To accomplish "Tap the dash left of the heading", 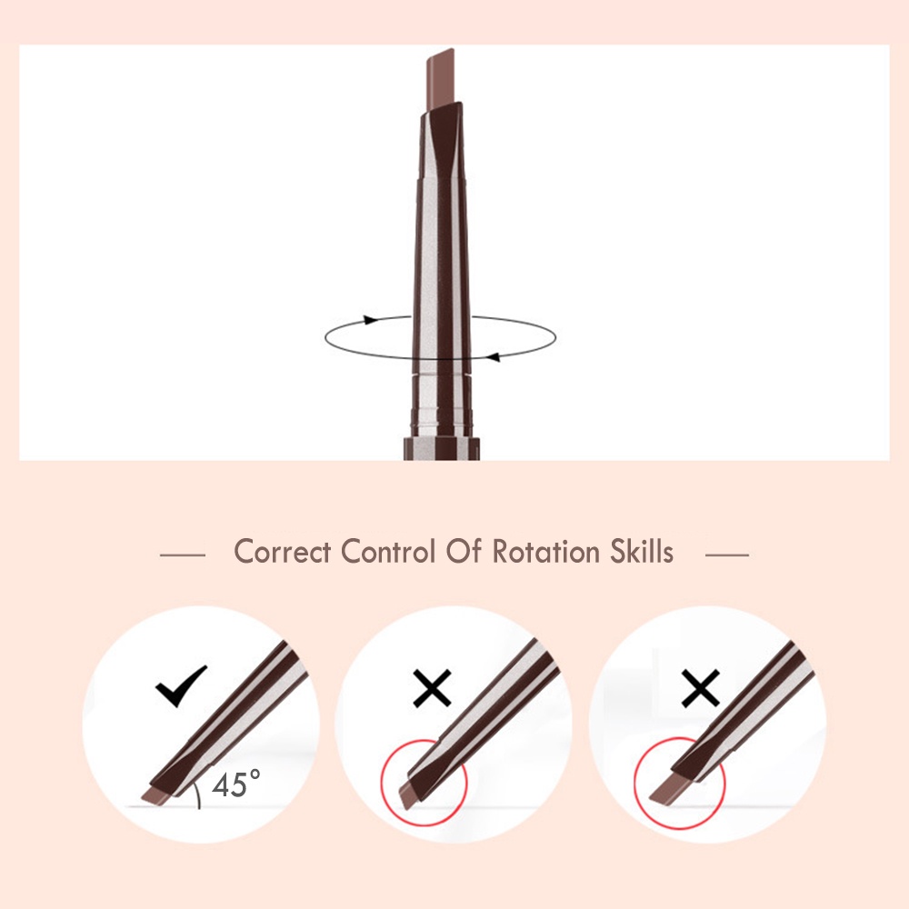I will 182,554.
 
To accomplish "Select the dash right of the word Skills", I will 726,554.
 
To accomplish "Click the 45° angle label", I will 235,784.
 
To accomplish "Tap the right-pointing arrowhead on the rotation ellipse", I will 370,320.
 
